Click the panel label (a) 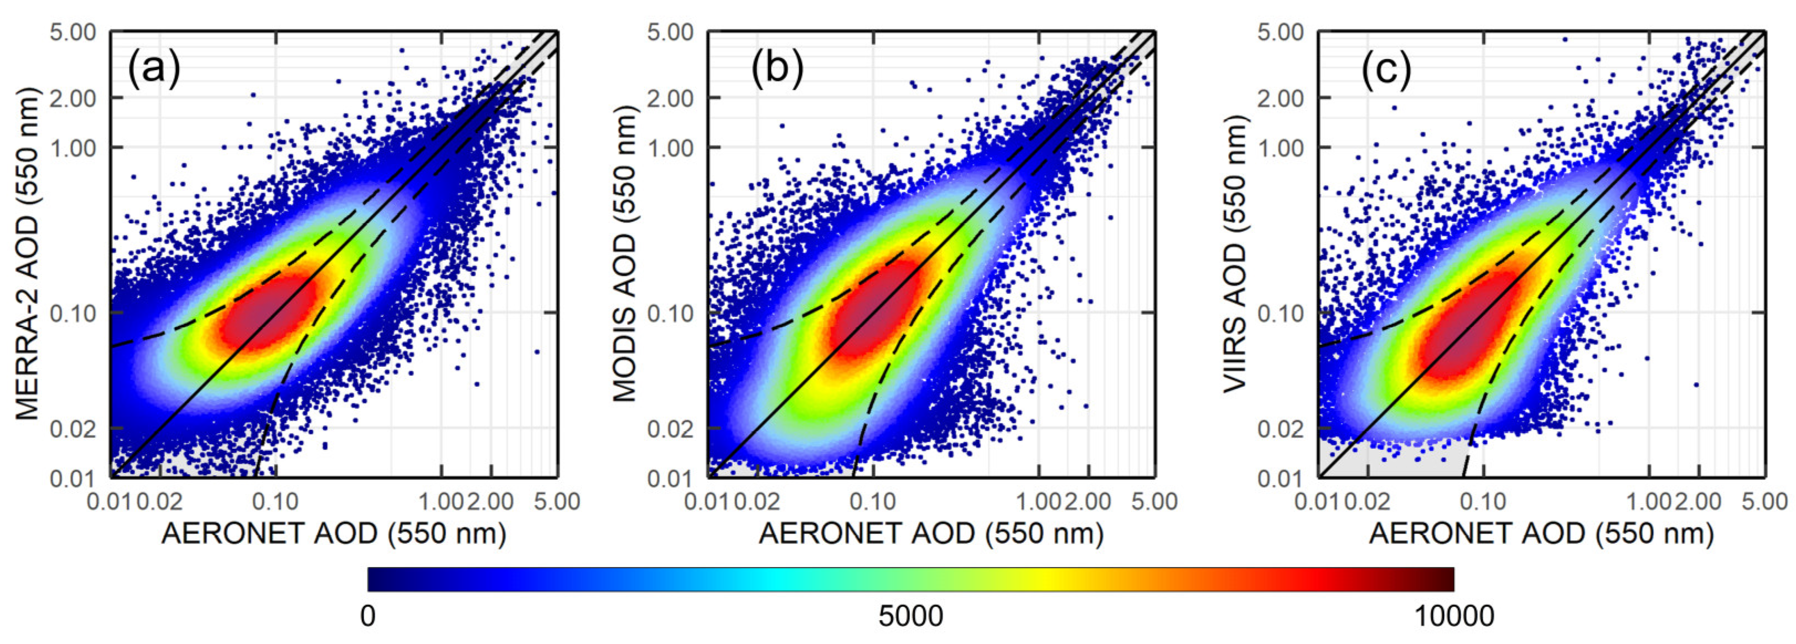(154, 70)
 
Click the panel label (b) (777, 70)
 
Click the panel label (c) (1386, 70)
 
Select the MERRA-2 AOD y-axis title (28, 254)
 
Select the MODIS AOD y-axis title (625, 254)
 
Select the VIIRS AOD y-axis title (1235, 254)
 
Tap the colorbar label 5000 (910, 616)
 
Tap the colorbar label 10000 (1453, 616)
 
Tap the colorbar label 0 (368, 616)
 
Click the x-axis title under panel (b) (931, 534)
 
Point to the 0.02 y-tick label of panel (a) (73, 429)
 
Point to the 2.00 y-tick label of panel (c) (1280, 98)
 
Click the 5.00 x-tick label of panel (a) (557, 501)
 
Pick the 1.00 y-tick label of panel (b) (670, 148)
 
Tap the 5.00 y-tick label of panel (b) (670, 32)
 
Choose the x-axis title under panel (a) (334, 534)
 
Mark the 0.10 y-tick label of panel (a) (73, 313)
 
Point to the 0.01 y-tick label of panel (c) (1280, 478)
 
